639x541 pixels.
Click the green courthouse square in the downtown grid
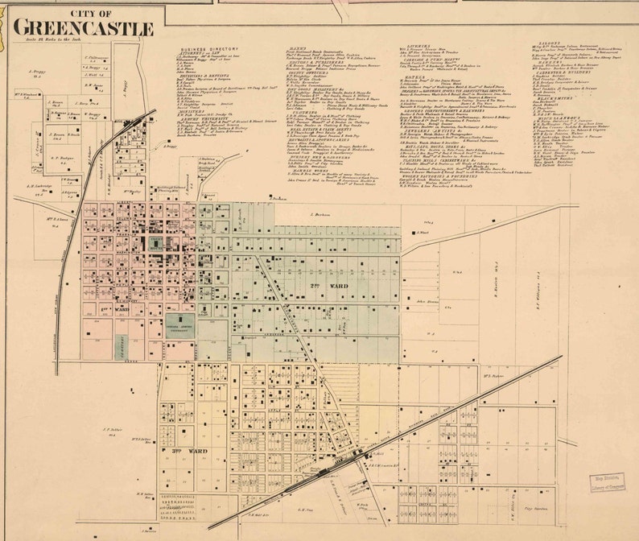[x=154, y=244]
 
